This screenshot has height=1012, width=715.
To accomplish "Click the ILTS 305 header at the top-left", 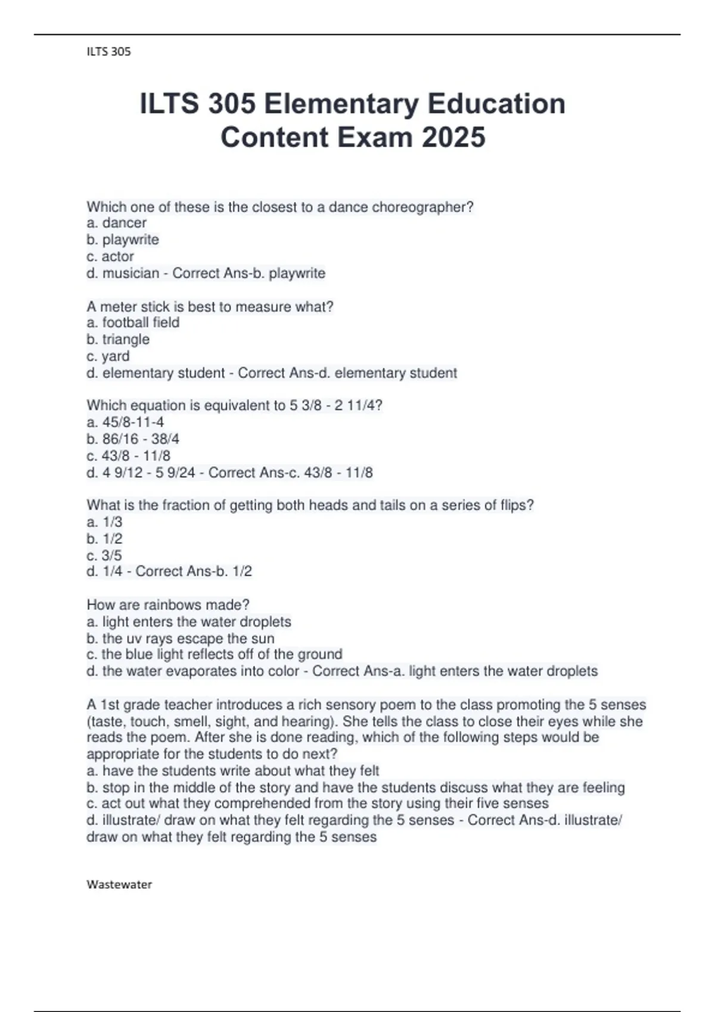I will pos(108,52).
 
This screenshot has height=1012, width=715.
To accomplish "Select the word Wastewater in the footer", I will pos(119,885).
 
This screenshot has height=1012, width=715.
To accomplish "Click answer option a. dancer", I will pos(116,223).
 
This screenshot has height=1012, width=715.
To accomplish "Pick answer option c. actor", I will pos(110,257).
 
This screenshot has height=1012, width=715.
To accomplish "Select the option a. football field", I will pos(133,323).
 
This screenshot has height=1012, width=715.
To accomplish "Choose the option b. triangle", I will pos(118,339).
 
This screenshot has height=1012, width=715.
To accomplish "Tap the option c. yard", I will pos(108,356).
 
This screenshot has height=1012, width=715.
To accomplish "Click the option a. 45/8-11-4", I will pos(125,422).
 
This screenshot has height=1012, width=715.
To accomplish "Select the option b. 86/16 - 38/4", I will pos(133,439).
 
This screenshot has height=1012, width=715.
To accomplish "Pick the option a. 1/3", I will pos(104,522).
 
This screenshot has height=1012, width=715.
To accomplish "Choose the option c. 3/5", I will pos(104,555).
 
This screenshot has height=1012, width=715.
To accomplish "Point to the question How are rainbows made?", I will pos(168,605).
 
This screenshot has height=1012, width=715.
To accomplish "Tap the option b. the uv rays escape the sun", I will pos(181,639).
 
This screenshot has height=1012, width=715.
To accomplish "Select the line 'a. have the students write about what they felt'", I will pos(233,771).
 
